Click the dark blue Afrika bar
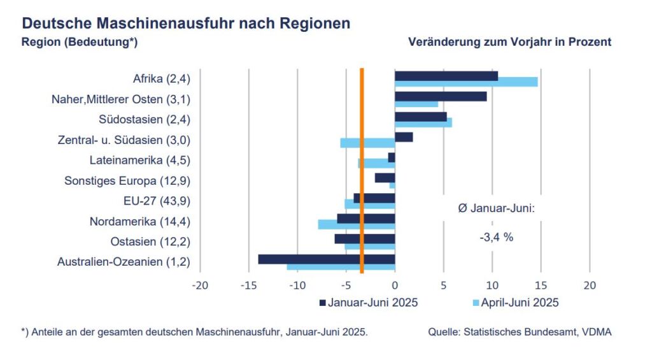pyautogui.click(x=446, y=76)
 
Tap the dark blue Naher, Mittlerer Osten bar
pyautogui.click(x=441, y=96)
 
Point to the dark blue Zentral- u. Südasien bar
pyautogui.click(x=404, y=136)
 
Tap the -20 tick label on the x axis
pyautogui.click(x=200, y=285)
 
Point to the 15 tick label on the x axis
pyautogui.click(x=541, y=285)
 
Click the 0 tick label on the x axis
pyautogui.click(x=395, y=285)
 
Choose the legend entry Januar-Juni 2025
pyautogui.click(x=372, y=302)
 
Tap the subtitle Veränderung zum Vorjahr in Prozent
pyautogui.click(x=509, y=42)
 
